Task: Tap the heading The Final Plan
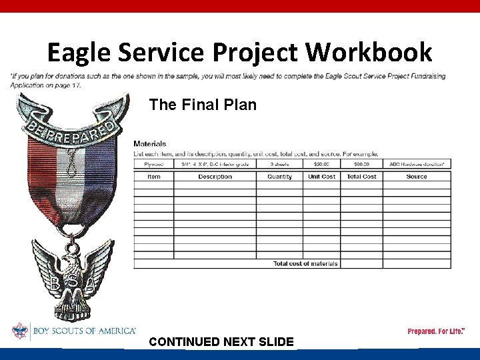tap(203, 105)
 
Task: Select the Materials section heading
tap(150, 143)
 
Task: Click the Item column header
tap(154, 177)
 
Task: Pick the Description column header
tap(215, 177)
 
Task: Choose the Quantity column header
tap(279, 177)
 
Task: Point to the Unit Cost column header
tap(321, 177)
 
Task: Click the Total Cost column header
tap(361, 177)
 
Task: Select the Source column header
tap(417, 177)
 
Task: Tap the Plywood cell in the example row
tap(154, 164)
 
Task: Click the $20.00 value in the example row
tap(321, 164)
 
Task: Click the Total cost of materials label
tap(305, 264)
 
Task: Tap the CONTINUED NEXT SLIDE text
tap(221, 342)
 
